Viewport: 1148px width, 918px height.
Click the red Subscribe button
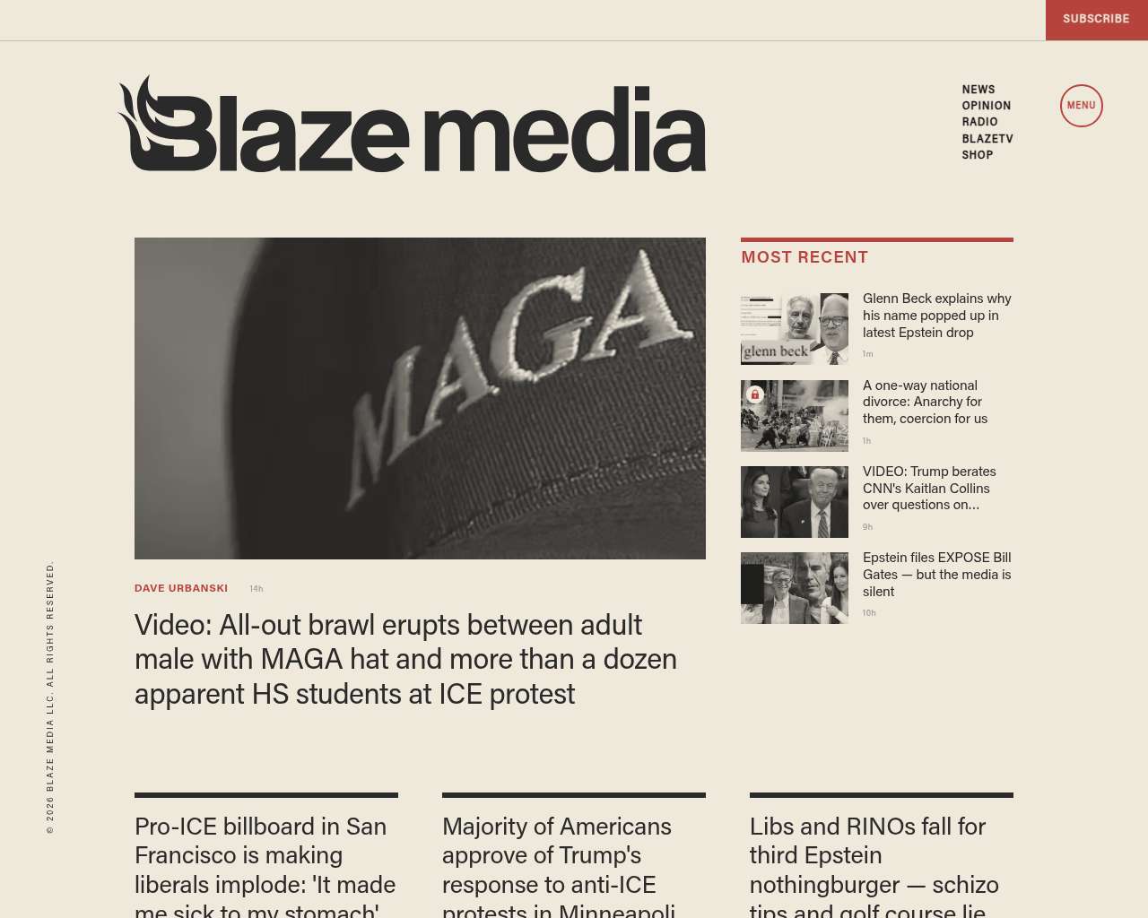coord(1096,19)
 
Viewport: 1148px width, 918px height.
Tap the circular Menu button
coord(1081,106)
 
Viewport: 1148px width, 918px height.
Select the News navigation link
coord(978,90)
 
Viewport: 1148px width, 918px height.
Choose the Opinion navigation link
coord(986,106)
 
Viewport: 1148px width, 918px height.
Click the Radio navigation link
coord(979,122)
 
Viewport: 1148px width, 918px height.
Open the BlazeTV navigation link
coord(987,139)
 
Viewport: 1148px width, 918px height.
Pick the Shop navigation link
coord(977,155)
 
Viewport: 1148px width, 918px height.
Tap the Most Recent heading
coord(804,257)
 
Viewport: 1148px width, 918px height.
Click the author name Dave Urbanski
coord(181,589)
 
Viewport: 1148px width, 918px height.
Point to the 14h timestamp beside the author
coord(257,589)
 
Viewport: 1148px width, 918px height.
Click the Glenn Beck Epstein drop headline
coord(936,316)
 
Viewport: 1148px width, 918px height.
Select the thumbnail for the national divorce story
coord(795,415)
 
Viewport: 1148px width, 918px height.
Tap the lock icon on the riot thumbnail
coord(755,394)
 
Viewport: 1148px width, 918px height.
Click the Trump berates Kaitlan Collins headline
coord(929,489)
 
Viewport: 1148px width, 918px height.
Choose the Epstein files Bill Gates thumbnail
coord(795,588)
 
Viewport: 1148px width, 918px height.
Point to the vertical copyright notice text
coord(50,697)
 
